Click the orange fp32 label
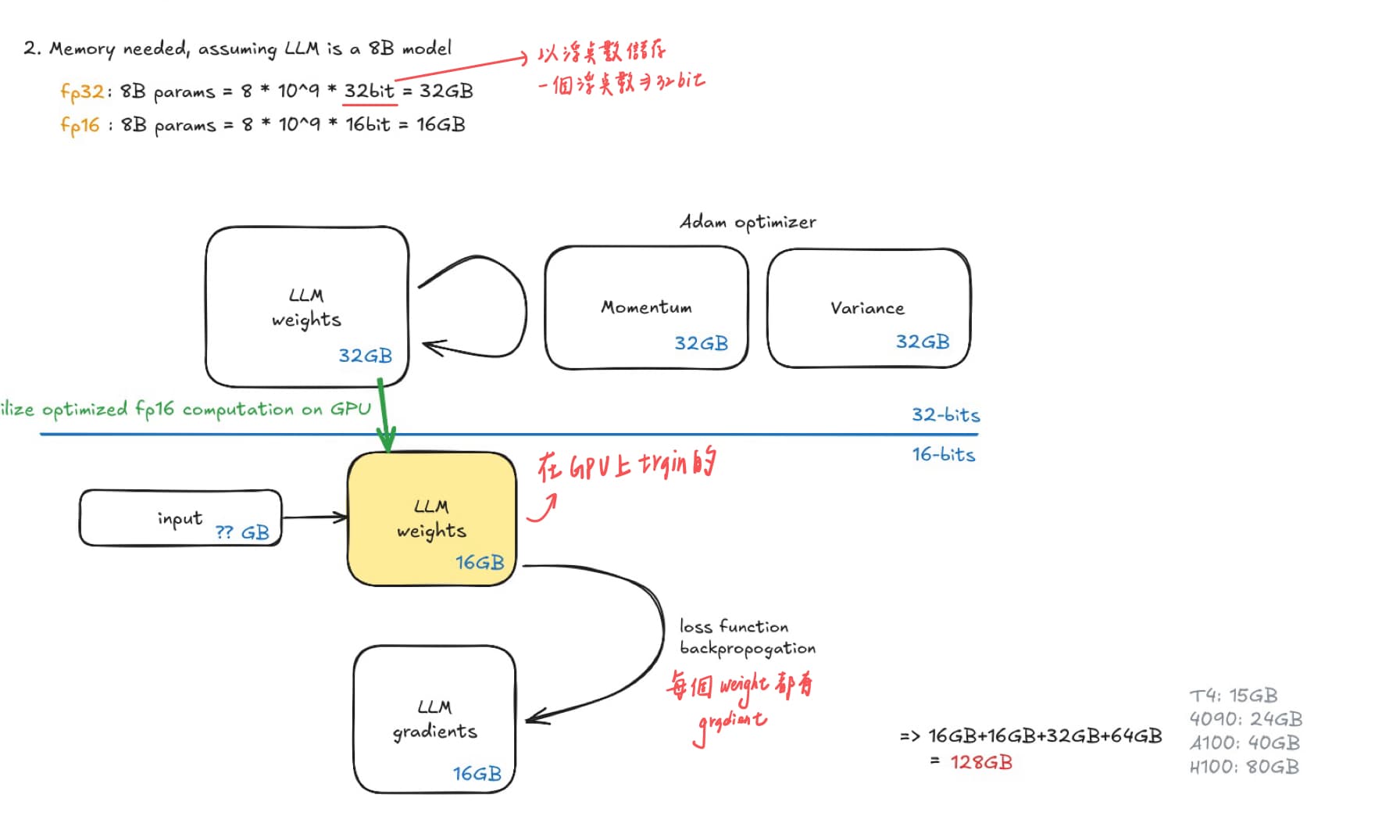[x=82, y=91]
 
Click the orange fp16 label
[x=80, y=125]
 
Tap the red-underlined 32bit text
[x=370, y=91]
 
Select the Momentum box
[x=646, y=308]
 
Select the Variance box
[x=868, y=308]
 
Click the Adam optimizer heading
[x=748, y=223]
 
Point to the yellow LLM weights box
[x=431, y=519]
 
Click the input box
[x=180, y=518]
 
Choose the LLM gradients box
[x=434, y=719]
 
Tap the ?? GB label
[x=242, y=533]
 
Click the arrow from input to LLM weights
[x=315, y=517]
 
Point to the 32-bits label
[x=945, y=415]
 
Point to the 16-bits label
[x=944, y=455]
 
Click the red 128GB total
[x=981, y=762]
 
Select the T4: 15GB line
[x=1234, y=696]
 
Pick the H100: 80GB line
[x=1244, y=767]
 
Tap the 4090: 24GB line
[x=1245, y=719]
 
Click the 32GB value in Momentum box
[x=701, y=344]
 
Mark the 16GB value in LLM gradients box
[x=477, y=774]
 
